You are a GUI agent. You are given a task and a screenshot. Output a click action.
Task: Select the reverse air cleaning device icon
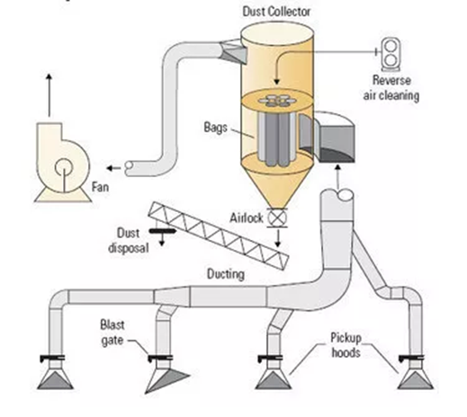(392, 50)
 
